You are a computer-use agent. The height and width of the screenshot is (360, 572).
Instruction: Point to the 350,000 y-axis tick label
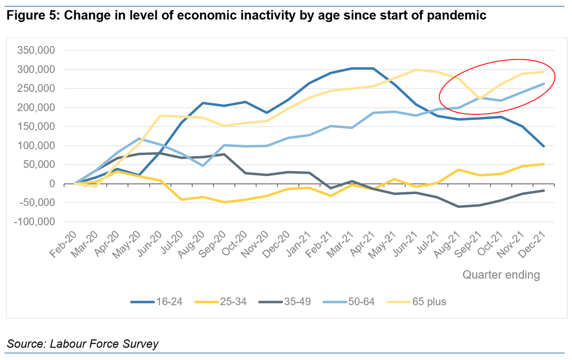click(x=37, y=51)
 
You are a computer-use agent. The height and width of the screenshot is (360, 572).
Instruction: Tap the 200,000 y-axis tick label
click(x=37, y=108)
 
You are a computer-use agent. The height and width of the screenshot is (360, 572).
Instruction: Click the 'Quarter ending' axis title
click(x=501, y=275)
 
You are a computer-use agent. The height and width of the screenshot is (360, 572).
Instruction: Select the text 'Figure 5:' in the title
click(x=33, y=15)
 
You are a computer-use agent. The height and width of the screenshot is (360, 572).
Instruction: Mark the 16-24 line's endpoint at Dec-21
click(x=543, y=146)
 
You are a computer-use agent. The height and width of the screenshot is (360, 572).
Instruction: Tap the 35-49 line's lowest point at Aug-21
click(x=458, y=206)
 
